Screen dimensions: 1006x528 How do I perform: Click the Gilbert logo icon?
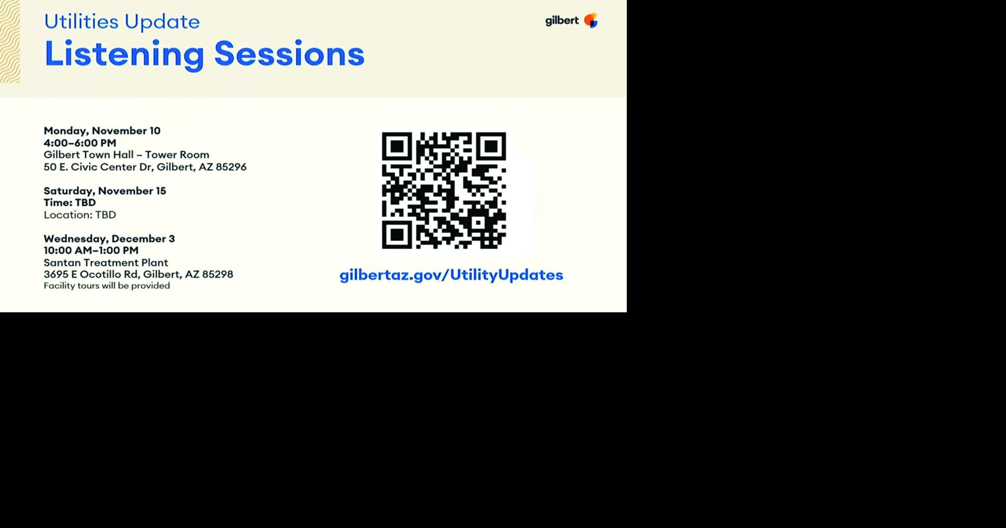[591, 20]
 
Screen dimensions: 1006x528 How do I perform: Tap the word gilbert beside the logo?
[562, 21]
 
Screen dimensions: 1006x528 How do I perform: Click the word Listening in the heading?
[124, 54]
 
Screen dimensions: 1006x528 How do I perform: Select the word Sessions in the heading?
[289, 53]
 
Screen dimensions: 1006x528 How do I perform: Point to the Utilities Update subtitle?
[122, 21]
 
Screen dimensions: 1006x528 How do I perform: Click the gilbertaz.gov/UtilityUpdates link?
[451, 275]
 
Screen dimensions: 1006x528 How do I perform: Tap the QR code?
[444, 190]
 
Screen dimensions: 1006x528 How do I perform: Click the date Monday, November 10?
[102, 131]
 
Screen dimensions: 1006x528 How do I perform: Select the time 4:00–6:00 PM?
[80, 143]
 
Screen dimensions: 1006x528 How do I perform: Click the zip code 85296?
[231, 167]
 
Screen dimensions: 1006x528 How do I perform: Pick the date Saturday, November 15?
[104, 191]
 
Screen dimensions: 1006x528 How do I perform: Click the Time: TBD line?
[69, 203]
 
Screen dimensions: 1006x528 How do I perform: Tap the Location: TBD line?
[80, 215]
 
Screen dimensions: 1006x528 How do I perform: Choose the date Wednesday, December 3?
[109, 239]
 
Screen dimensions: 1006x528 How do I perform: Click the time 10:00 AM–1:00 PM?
[91, 251]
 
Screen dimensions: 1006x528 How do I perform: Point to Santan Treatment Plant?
[106, 263]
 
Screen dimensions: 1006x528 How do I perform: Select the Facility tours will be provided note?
[107, 286]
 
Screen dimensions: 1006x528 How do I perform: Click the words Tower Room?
[177, 155]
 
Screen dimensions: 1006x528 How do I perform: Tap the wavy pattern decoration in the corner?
[10, 42]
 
